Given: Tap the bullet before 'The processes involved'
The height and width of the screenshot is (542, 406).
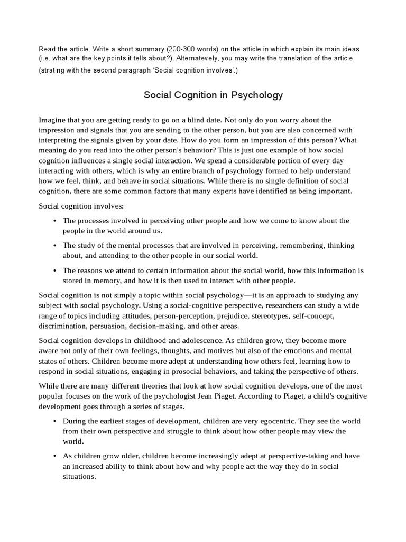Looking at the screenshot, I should [x=55, y=221].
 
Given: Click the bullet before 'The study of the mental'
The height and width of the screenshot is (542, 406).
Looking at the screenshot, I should [x=55, y=246].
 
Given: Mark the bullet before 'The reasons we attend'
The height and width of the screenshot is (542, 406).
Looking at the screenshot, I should [x=55, y=270].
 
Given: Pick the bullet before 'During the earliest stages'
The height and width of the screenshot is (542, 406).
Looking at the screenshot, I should [x=55, y=421].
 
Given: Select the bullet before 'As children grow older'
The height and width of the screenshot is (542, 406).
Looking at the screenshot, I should [x=55, y=456].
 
